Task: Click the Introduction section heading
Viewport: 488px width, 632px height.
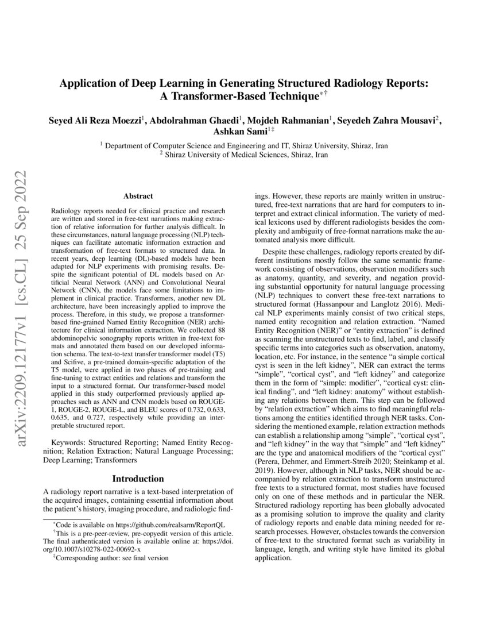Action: [138, 479]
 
